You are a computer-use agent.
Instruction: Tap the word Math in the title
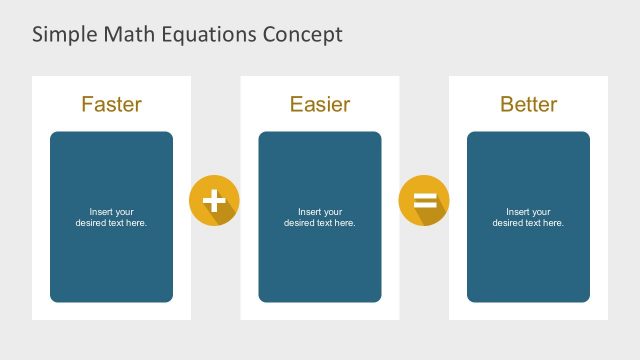pyautogui.click(x=122, y=35)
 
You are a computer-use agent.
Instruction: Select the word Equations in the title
pyautogui.click(x=203, y=35)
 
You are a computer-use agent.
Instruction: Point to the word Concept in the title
pyautogui.click(x=302, y=35)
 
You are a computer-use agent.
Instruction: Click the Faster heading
pyautogui.click(x=111, y=104)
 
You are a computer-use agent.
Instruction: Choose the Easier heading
pyautogui.click(x=319, y=104)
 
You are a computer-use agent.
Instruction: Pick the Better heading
pyautogui.click(x=528, y=104)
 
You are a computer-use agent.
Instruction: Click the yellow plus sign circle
pyautogui.click(x=214, y=200)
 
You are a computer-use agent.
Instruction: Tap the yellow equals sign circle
pyautogui.click(x=424, y=200)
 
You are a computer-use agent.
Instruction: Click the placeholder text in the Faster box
pyautogui.click(x=111, y=217)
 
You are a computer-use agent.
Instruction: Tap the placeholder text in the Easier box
pyautogui.click(x=319, y=217)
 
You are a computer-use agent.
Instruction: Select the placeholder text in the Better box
pyautogui.click(x=528, y=217)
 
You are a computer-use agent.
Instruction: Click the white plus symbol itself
pyautogui.click(x=213, y=200)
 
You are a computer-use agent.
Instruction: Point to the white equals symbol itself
pyautogui.click(x=424, y=200)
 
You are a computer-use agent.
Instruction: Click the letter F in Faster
pyautogui.click(x=87, y=104)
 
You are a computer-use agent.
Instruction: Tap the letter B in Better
pyautogui.click(x=506, y=104)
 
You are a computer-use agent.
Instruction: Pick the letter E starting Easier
pyautogui.click(x=296, y=104)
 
